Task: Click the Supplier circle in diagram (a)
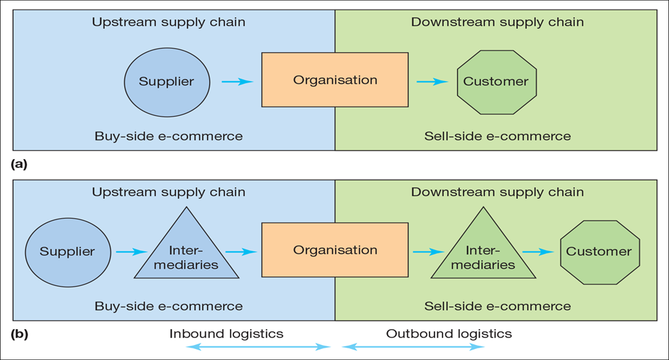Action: coord(166,82)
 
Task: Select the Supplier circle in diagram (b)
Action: coord(67,252)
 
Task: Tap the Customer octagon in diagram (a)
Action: coord(496,82)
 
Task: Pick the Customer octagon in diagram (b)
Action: coord(599,252)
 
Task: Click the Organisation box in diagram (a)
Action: coord(335,80)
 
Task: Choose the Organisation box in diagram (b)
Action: coord(335,250)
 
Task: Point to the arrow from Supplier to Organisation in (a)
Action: coord(237,82)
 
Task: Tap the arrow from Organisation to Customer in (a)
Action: coord(432,82)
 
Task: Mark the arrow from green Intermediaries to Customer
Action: coord(537,252)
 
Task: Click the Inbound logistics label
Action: coord(226,334)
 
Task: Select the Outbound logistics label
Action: coord(449,334)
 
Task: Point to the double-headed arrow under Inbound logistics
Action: coord(259,348)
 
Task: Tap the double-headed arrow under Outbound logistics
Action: coord(413,348)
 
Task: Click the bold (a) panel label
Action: coord(19,164)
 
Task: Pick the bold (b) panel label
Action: coord(19,335)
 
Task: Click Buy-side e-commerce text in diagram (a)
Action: coord(168,136)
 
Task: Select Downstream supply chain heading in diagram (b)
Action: coord(497,192)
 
